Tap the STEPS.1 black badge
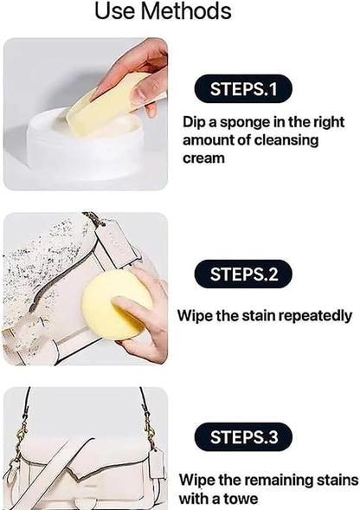click(x=243, y=88)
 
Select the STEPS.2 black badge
click(x=243, y=274)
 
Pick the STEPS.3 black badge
click(x=243, y=436)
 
